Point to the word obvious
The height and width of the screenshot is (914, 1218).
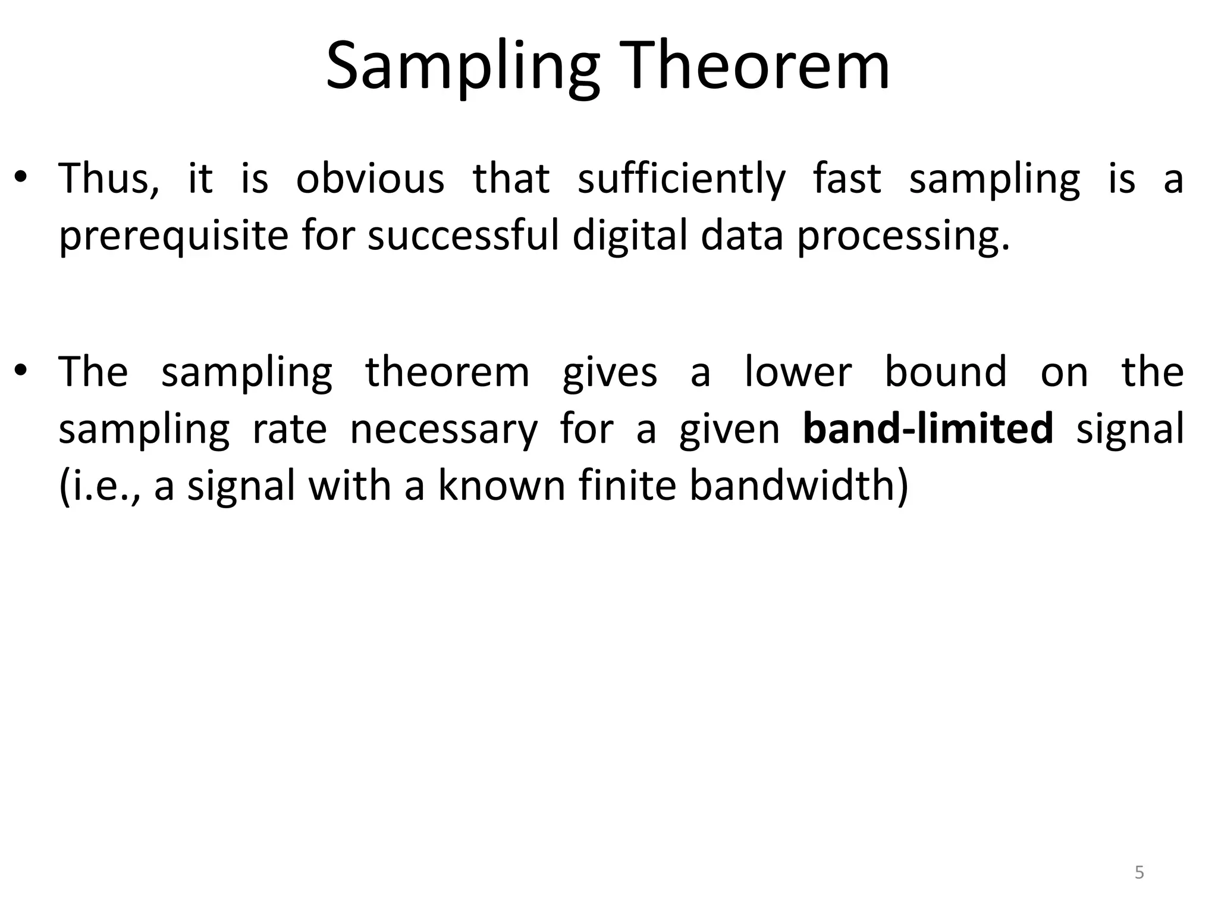[370, 178]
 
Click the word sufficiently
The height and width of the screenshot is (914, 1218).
[682, 179]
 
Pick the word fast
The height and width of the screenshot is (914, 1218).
[847, 178]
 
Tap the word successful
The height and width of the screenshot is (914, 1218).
[464, 235]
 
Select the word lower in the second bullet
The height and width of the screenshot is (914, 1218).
[798, 371]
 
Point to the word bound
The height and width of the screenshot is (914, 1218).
[946, 371]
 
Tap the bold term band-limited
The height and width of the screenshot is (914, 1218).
[928, 428]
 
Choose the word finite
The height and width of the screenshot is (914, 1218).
[627, 486]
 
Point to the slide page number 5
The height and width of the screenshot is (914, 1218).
[1139, 872]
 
